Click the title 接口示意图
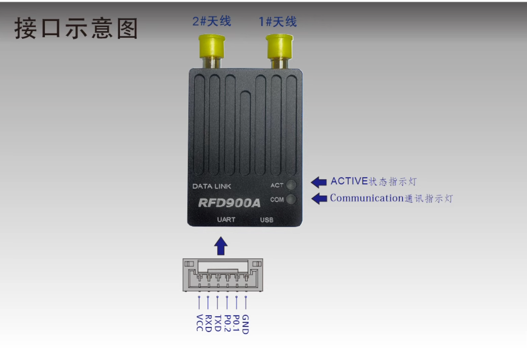[x=76, y=29]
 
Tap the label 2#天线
[x=212, y=21]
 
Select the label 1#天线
[x=278, y=22]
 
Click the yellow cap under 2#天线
[x=212, y=46]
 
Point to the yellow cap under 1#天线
[x=280, y=46]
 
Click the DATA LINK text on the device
[x=212, y=186]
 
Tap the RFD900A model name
[x=229, y=203]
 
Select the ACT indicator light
[x=291, y=185]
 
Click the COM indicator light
[x=291, y=199]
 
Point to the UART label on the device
[x=226, y=220]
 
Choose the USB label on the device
[x=267, y=220]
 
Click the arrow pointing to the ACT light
[x=319, y=182]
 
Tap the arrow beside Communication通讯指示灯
[x=319, y=199]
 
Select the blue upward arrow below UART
[x=221, y=246]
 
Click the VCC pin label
[x=199, y=323]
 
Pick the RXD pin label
[x=208, y=323]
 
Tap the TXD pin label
[x=218, y=323]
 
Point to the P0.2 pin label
[x=227, y=323]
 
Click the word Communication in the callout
[x=367, y=198]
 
